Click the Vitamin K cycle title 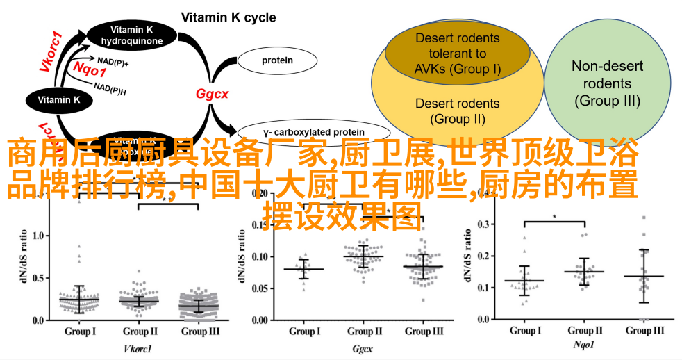click(228, 17)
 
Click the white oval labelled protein click(276, 61)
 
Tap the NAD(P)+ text click(113, 61)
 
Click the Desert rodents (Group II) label click(457, 111)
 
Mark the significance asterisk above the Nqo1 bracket click(554, 217)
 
